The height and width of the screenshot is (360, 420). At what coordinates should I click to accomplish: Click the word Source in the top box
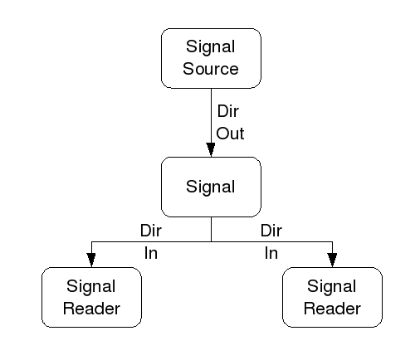point(211,68)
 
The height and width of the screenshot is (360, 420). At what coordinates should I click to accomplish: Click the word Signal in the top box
point(211,48)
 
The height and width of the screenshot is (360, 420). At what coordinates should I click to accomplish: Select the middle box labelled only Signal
point(211,186)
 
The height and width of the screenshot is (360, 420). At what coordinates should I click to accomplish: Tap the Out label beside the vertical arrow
point(230,133)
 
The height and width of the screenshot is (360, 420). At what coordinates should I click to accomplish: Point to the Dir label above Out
point(227,111)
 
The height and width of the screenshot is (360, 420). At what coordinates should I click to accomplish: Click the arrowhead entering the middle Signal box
point(211,149)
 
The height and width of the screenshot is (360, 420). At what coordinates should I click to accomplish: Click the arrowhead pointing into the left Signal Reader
point(91,260)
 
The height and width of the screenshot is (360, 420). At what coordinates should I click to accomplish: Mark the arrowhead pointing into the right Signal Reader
point(332,260)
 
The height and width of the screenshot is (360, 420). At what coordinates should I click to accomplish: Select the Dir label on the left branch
point(150,229)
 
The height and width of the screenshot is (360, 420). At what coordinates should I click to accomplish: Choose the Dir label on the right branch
point(271,229)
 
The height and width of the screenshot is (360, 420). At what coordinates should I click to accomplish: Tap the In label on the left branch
point(150,253)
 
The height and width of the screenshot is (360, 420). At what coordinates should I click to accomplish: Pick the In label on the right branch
point(271,253)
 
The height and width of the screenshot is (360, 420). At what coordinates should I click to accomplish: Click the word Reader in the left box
point(91,309)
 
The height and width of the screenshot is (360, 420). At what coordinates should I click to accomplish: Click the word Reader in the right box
point(332,309)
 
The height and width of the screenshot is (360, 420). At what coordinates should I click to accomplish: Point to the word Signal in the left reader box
point(91,288)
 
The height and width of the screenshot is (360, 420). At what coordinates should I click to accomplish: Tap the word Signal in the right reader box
point(332,288)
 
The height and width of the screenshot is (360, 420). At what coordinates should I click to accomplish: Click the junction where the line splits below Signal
point(211,241)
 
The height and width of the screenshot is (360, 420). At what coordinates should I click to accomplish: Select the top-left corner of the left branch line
point(91,241)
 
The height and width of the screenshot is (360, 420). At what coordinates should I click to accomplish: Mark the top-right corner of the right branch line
point(332,241)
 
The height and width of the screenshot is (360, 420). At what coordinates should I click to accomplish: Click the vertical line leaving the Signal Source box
point(211,112)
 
